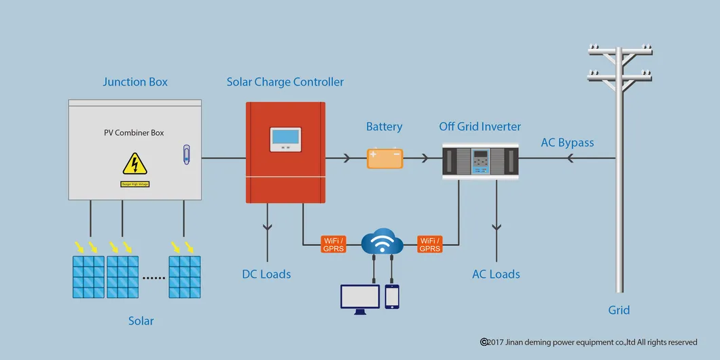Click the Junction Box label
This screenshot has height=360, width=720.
(x=135, y=82)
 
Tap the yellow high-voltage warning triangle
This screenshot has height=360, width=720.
(x=134, y=164)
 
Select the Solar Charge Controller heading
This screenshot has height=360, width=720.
(x=285, y=82)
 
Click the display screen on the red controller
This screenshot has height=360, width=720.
(x=285, y=139)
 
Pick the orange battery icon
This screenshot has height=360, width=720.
(x=384, y=158)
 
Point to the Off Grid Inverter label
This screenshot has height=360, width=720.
(x=480, y=126)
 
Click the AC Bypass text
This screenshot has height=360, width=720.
(x=567, y=143)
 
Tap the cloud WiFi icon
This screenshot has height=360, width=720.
(x=382, y=240)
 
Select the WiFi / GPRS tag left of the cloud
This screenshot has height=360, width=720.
(x=334, y=245)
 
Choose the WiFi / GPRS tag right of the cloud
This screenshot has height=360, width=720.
(x=430, y=245)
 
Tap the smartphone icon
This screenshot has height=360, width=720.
(x=392, y=297)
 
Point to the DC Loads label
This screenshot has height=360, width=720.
(x=266, y=274)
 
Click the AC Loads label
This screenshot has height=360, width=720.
(x=496, y=274)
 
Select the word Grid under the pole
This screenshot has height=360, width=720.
(x=619, y=310)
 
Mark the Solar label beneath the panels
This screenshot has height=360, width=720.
(x=141, y=321)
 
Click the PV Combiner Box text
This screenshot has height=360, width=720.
(x=134, y=132)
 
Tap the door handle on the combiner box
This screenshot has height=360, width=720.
(x=187, y=154)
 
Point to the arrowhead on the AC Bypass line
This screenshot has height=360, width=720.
(x=571, y=159)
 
